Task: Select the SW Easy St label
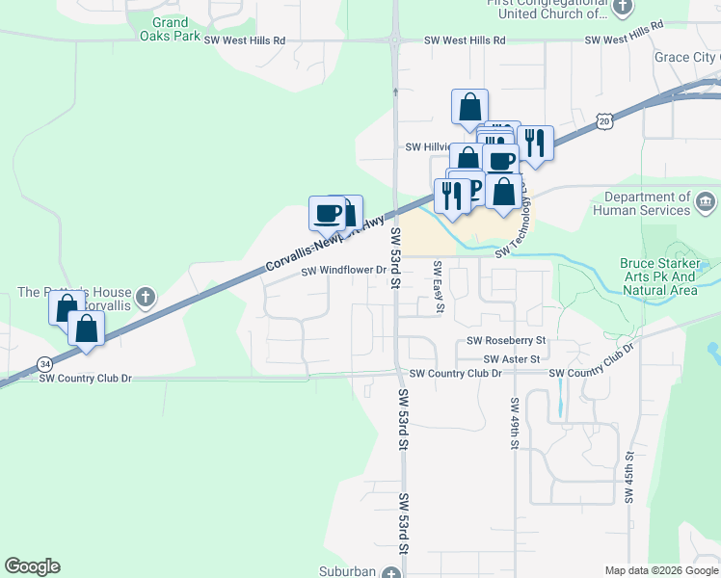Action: click(438, 287)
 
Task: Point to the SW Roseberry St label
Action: click(506, 341)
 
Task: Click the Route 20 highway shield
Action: click(603, 120)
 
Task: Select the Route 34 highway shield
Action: click(44, 363)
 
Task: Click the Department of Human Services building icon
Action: click(706, 202)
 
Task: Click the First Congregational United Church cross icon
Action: click(623, 8)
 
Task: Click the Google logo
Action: click(32, 566)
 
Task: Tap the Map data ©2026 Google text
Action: click(660, 570)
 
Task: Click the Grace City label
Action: click(685, 58)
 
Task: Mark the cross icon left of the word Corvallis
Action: click(145, 295)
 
